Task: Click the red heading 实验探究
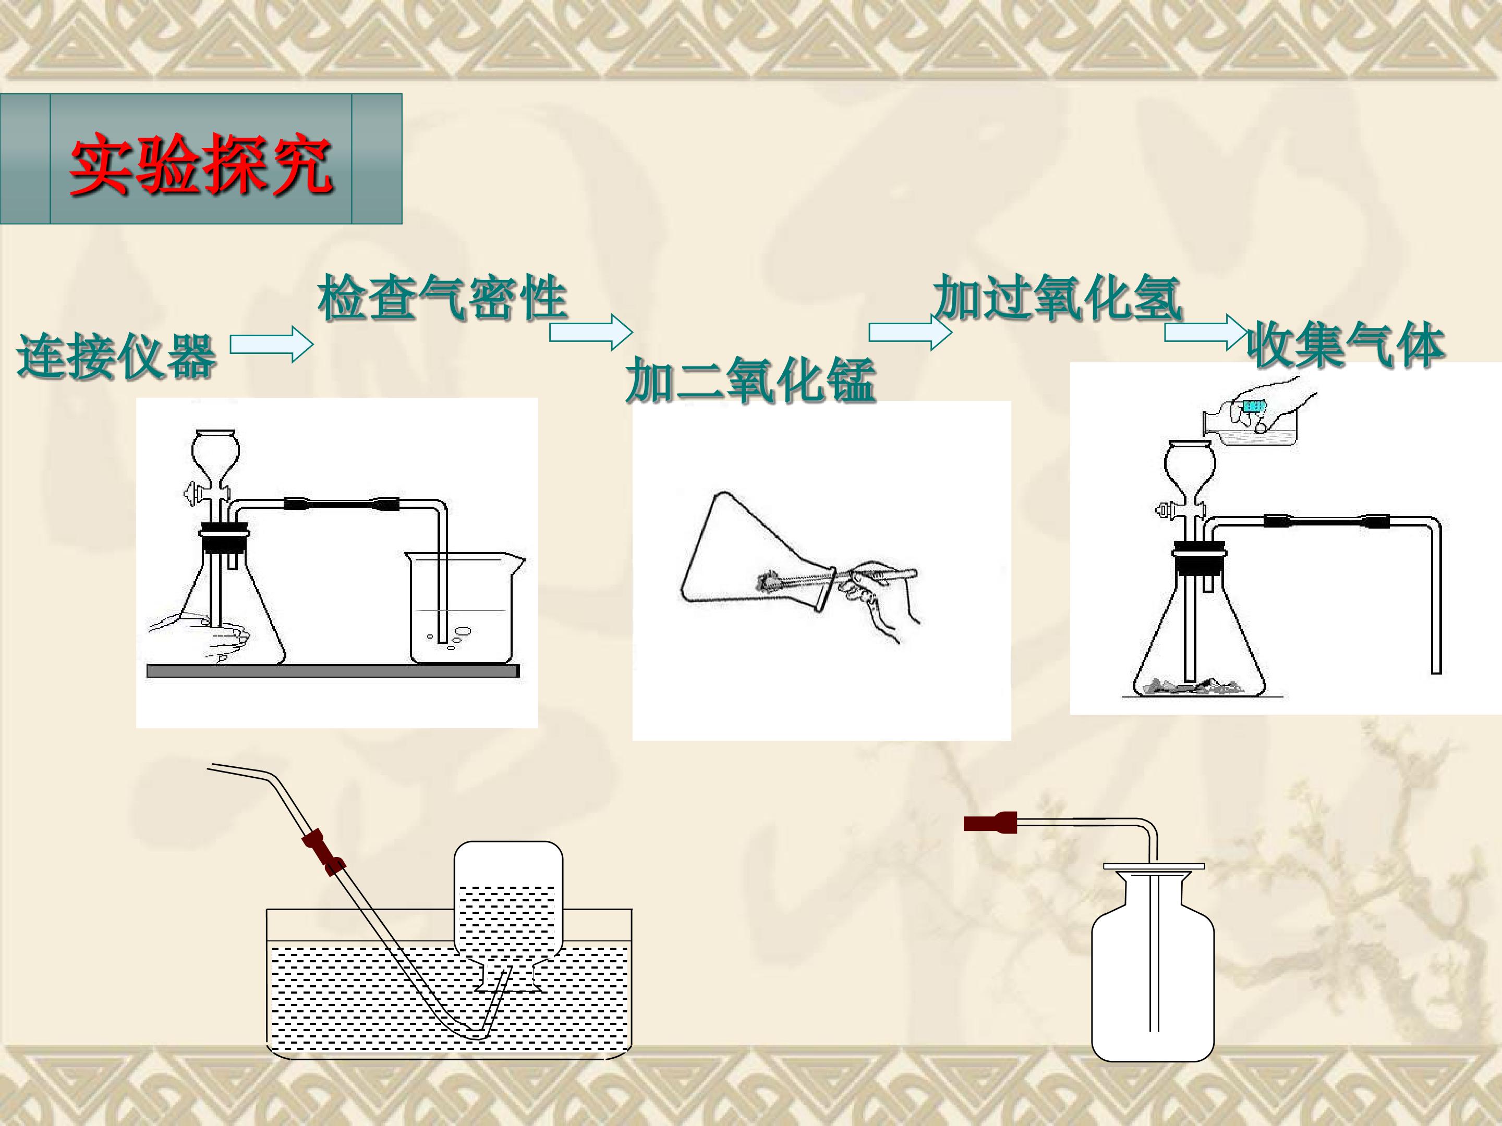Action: [x=202, y=164]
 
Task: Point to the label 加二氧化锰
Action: [x=750, y=381]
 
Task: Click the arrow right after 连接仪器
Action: [x=272, y=345]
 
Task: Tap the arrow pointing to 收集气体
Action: [x=1206, y=333]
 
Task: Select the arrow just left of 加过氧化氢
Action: [x=911, y=332]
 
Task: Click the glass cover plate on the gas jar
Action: [x=1154, y=867]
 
